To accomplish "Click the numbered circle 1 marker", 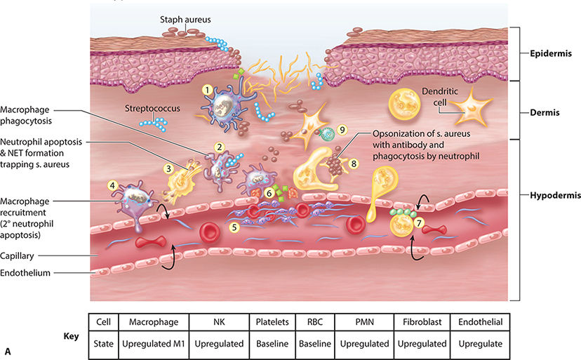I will tap(207, 90).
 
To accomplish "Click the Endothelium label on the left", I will tap(26, 273).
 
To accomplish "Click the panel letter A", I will tap(7, 350).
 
